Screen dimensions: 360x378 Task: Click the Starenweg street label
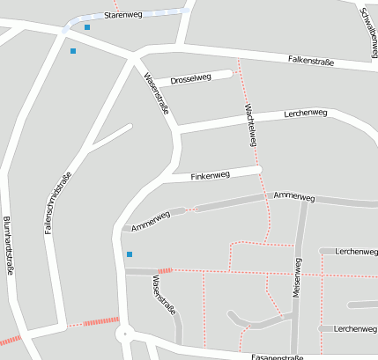(122, 16)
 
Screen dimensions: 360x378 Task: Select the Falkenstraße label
(311, 60)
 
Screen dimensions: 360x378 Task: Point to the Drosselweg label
(190, 78)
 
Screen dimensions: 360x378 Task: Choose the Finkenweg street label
(210, 175)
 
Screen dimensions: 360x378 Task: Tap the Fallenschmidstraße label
(57, 202)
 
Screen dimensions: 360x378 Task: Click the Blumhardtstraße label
(8, 247)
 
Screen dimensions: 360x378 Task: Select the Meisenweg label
(298, 281)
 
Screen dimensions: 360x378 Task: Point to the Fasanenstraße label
(278, 357)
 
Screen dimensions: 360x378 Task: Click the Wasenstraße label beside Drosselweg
(157, 96)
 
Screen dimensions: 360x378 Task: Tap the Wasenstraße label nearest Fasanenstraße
(165, 297)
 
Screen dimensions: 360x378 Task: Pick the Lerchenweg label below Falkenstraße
(306, 114)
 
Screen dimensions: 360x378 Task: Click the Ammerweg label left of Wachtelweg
(150, 222)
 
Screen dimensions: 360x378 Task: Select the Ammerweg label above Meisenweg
(294, 195)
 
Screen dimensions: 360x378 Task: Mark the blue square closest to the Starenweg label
(87, 27)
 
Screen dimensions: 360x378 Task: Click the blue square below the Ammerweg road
(130, 254)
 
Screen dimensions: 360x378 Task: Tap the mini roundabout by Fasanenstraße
(125, 334)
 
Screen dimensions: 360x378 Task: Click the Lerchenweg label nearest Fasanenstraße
(356, 328)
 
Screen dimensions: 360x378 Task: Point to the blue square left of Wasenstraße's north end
(73, 51)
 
